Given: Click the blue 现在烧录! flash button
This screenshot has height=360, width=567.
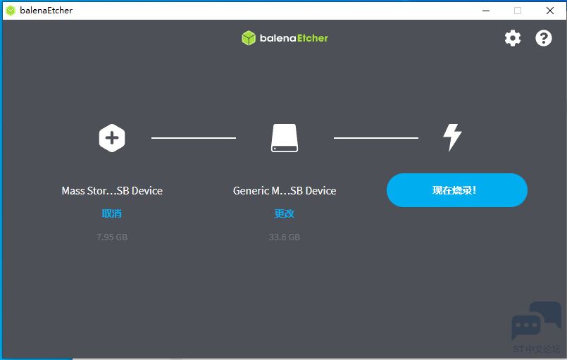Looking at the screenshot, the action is click(456, 190).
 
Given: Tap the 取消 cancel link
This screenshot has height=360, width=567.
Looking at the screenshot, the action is click(112, 213).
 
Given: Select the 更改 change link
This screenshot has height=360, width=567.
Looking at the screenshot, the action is click(285, 213).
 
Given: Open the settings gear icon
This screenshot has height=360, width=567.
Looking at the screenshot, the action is click(513, 38).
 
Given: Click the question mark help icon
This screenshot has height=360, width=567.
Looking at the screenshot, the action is click(544, 38).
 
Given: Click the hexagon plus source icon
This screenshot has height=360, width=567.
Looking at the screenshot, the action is click(112, 138).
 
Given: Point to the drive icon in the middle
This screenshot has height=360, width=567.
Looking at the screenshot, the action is click(285, 138).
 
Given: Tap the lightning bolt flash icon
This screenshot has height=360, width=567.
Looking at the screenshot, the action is click(452, 137).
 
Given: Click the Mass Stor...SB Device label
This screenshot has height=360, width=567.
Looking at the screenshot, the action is click(112, 191).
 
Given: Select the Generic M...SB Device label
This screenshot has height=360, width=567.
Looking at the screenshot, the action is click(285, 191).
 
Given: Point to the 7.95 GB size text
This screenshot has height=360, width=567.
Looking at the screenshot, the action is click(112, 237).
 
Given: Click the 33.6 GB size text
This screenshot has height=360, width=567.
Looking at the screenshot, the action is click(285, 237).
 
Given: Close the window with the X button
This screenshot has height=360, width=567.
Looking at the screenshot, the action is click(550, 11).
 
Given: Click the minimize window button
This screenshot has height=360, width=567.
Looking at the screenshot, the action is click(486, 11).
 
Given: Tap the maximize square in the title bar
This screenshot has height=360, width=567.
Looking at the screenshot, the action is click(518, 11).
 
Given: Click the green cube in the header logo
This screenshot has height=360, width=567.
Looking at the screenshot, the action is click(249, 38).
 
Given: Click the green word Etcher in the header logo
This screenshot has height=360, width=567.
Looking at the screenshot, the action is click(313, 38).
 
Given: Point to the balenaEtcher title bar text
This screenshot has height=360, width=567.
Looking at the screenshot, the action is click(46, 11).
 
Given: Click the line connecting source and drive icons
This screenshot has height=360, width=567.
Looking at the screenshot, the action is click(194, 138).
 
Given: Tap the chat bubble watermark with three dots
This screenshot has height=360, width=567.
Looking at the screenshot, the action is click(526, 326).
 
